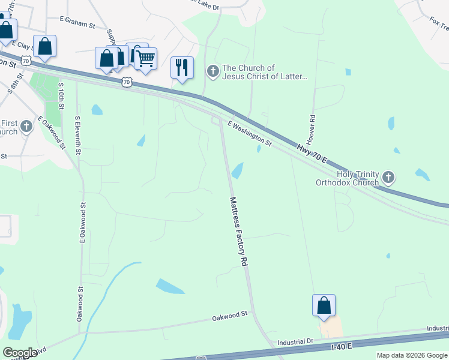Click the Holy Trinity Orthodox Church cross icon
click(388, 177)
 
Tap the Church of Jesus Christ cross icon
click(212, 72)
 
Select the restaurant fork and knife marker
click(182, 67)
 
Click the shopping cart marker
click(146, 59)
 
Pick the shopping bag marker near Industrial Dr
click(324, 305)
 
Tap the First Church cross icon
click(26, 127)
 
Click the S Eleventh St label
click(77, 135)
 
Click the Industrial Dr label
click(295, 342)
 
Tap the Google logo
click(20, 353)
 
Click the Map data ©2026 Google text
click(412, 355)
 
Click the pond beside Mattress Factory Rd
click(238, 171)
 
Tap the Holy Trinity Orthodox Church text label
click(357, 178)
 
